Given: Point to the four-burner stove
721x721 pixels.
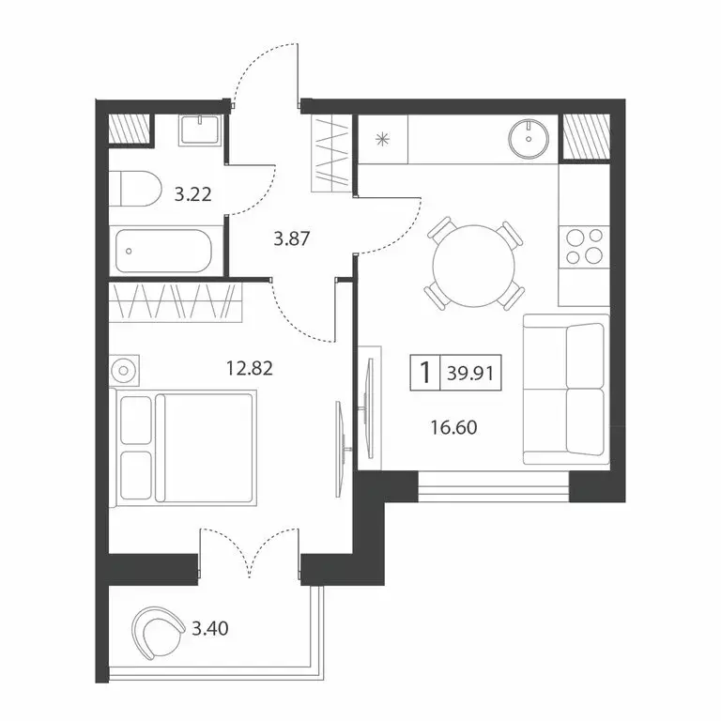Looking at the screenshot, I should [583, 246].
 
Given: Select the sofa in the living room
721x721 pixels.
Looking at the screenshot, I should [564, 390].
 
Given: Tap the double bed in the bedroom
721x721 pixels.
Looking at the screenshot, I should [187, 447].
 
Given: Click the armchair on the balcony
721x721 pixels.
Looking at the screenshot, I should [159, 632].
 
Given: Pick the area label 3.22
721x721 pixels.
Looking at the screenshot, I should [192, 195].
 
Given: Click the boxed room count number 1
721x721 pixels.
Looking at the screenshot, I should [424, 373].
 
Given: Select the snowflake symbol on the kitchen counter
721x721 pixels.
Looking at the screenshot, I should [381, 141].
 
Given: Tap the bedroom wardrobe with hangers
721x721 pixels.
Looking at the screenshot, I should [175, 302].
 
